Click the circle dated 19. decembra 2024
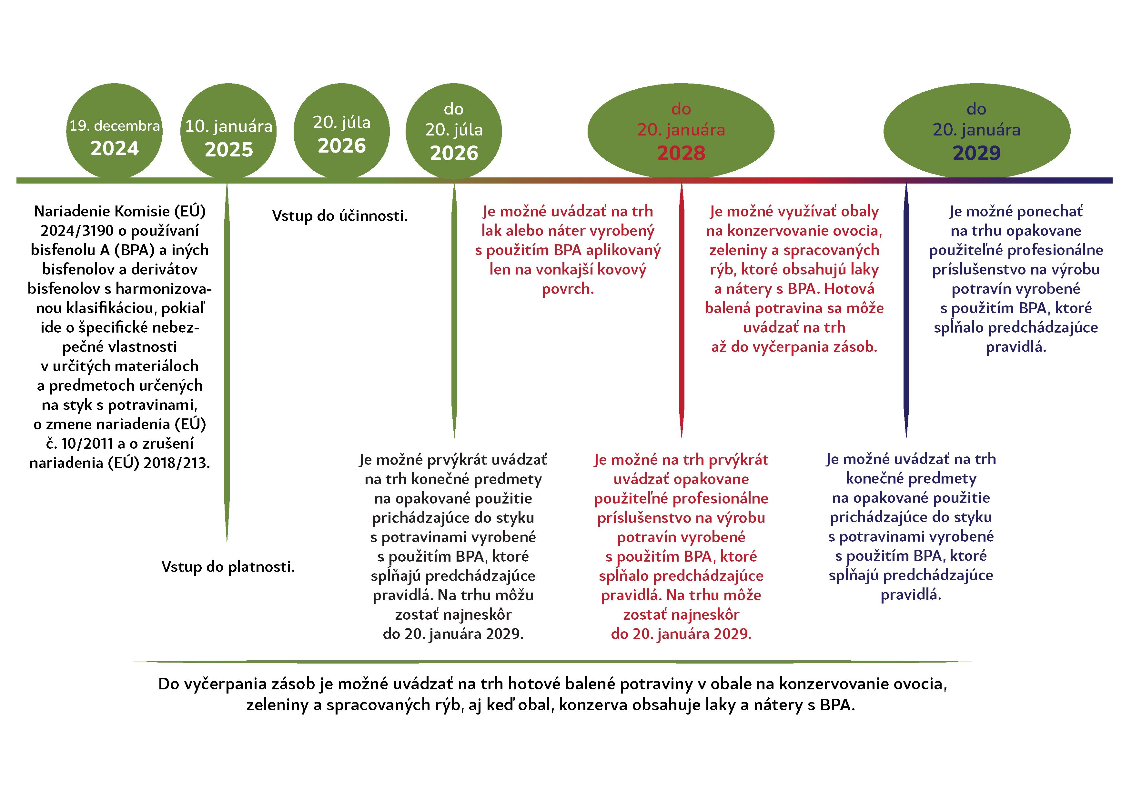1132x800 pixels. click(114, 131)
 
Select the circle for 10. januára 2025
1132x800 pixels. click(228, 131)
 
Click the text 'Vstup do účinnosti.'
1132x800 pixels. click(340, 216)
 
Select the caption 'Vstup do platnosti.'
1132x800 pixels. click(228, 567)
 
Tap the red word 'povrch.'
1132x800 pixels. click(568, 289)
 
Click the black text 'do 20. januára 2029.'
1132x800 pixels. click(453, 634)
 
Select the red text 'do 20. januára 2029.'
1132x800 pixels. click(682, 634)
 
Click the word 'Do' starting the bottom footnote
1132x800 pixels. click(169, 684)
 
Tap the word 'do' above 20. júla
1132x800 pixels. click(454, 109)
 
